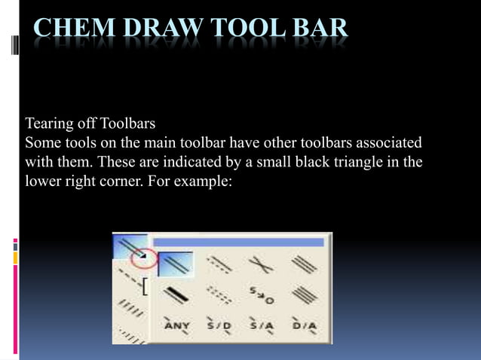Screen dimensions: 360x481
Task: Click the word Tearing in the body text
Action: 50,123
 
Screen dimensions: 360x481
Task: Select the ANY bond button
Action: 178,325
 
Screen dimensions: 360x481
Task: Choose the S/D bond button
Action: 219,325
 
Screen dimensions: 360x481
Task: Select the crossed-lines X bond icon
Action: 261,264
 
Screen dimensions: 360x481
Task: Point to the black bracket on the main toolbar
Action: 143,286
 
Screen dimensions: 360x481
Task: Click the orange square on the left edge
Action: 15,258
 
